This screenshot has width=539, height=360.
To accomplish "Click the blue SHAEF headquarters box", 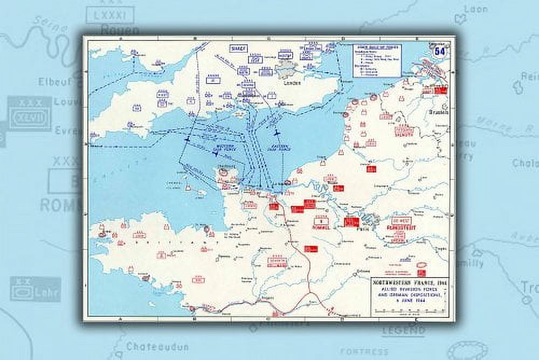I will coord(238,49).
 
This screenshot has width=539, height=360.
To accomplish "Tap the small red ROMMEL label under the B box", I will coord(321,227).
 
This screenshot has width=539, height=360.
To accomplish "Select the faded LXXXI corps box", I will coord(112,15).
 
